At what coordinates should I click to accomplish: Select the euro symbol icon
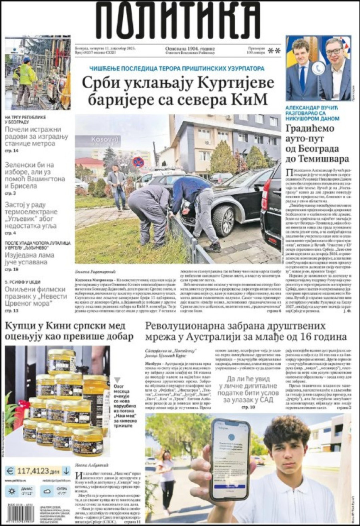click(x=11, y=470)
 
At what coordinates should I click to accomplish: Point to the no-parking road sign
click(x=138, y=162)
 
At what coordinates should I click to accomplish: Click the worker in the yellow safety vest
click(x=26, y=76)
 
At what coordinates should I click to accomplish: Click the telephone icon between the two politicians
click(x=319, y=68)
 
